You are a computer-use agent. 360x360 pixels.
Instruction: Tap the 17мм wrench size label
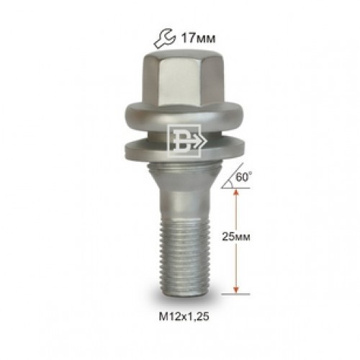198,38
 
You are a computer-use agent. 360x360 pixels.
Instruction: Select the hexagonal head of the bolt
184,79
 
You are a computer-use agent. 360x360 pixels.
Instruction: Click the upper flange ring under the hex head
184,114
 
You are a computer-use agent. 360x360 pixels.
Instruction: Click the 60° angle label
244,177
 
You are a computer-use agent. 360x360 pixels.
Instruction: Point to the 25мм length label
236,237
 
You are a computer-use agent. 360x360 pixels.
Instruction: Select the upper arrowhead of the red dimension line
236,192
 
